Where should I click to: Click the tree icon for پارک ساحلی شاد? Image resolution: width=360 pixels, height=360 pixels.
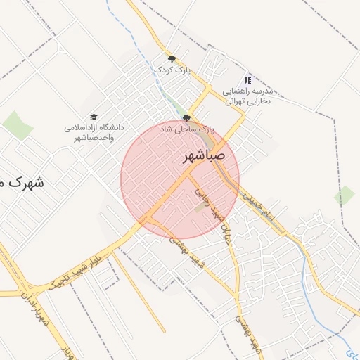[186, 118]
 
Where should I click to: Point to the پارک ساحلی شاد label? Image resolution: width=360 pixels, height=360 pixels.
[186, 130]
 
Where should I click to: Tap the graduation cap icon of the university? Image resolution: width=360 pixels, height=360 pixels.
[94, 117]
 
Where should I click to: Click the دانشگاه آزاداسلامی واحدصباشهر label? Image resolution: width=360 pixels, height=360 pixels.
[94, 132]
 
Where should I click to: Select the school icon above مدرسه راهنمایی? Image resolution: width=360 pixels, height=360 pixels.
[247, 80]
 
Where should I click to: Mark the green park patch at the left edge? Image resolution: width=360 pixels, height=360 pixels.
[18, 125]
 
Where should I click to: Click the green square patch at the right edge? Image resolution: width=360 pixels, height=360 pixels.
[345, 195]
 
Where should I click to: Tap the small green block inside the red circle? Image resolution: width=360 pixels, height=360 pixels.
[200, 207]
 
